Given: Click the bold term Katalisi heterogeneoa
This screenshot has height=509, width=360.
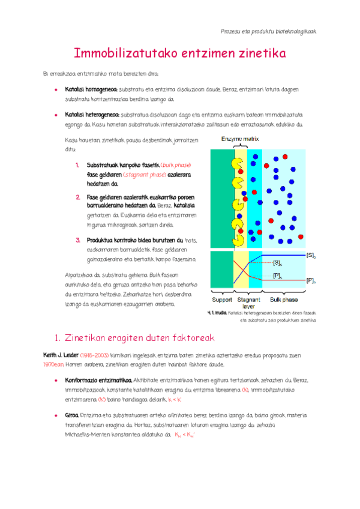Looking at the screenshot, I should (x=92, y=114).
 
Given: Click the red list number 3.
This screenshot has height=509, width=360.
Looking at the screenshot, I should (x=78, y=240).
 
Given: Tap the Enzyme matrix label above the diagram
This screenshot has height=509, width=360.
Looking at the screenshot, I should (x=240, y=139).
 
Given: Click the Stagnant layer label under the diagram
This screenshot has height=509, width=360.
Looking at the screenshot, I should (x=248, y=302).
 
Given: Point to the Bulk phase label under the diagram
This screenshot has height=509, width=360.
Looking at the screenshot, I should (x=283, y=299).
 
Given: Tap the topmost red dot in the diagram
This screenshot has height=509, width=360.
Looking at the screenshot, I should (x=284, y=156).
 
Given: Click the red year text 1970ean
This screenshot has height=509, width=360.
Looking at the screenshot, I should (x=53, y=364).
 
